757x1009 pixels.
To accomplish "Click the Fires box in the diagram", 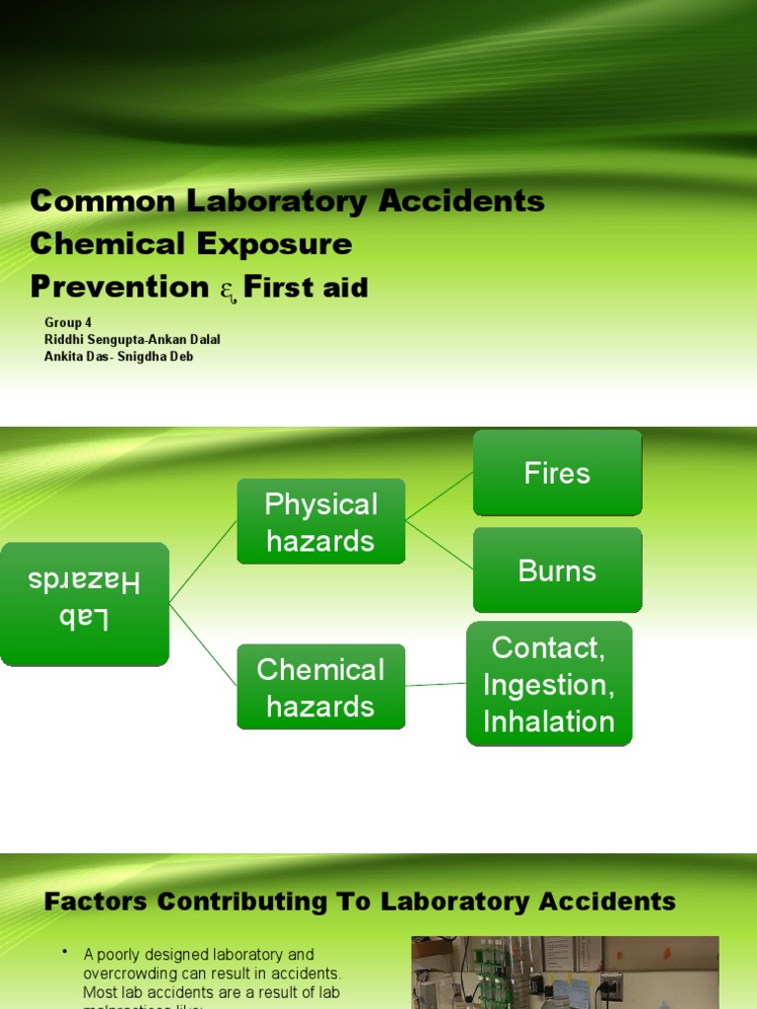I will [557, 473].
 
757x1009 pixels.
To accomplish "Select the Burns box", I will [557, 571].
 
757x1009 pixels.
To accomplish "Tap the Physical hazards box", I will [320, 522].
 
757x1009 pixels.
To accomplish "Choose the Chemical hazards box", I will [320, 688].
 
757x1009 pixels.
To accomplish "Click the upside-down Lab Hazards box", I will [84, 603].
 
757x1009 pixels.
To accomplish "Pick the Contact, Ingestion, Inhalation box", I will [549, 684].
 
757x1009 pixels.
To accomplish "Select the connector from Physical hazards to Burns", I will [439, 545].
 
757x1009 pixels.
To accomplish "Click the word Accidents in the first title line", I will [463, 201].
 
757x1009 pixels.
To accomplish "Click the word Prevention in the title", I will [119, 287].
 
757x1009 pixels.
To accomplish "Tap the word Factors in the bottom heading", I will [97, 901].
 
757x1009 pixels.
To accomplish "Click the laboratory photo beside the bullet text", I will [564, 973].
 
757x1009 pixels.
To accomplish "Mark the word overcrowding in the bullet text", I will [124, 974].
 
